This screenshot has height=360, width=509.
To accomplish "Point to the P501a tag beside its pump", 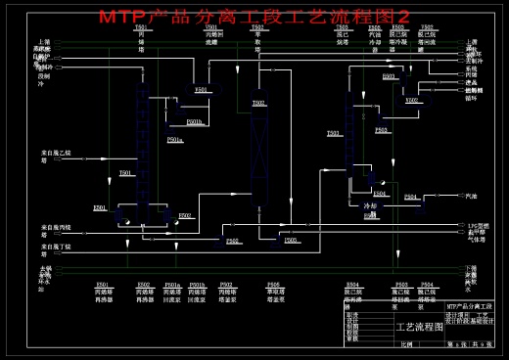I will point(174,140).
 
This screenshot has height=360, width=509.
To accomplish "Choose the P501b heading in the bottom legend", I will point(197,285).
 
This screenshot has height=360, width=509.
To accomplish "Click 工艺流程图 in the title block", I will point(418,327).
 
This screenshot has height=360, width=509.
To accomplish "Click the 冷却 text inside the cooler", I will point(370,206).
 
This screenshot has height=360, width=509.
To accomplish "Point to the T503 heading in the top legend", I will point(343,27).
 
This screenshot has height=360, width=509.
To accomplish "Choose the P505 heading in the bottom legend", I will point(274,285).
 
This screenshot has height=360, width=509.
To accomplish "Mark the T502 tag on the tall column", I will point(258,103).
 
